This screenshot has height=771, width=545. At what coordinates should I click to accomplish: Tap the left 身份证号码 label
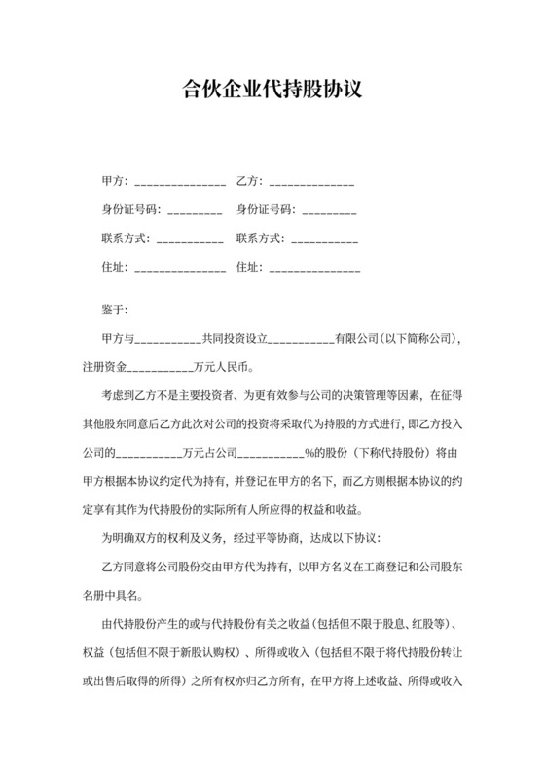pyautogui.click(x=131, y=209)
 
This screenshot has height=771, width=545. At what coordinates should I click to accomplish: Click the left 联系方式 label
pyautogui.click(x=125, y=238)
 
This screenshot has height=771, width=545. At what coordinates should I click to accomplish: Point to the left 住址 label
pyautogui.click(x=113, y=266)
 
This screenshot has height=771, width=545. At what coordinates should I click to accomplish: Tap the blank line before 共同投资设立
pyautogui.click(x=164, y=340)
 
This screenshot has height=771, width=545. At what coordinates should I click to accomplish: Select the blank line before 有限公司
pyautogui.click(x=300, y=340)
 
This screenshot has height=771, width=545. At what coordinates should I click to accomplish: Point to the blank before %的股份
pyautogui.click(x=271, y=453)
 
